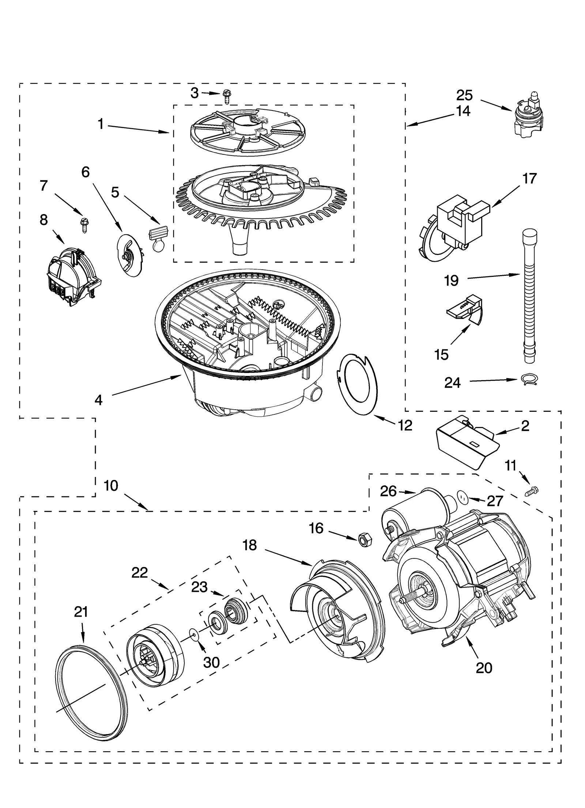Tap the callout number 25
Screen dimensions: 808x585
pyautogui.click(x=464, y=95)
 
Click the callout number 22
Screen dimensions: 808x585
pyautogui.click(x=139, y=572)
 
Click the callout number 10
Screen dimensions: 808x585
pyautogui.click(x=111, y=486)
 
